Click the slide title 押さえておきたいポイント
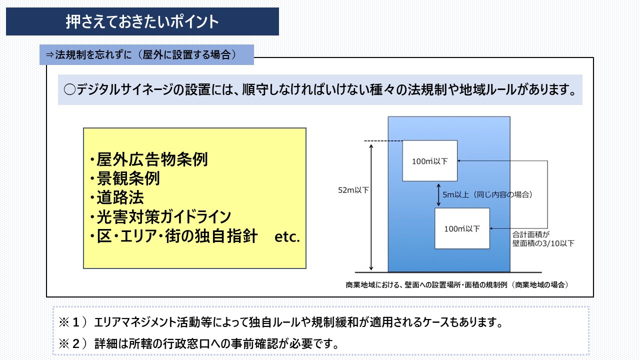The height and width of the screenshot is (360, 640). point(142,22)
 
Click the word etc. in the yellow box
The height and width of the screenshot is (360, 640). point(287,237)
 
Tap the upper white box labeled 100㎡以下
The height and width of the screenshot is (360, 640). point(430,161)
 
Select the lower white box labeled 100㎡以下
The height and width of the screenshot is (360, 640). point(462,228)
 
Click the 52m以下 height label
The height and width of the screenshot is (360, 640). point(352,190)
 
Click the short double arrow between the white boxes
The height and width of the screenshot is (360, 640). point(438,194)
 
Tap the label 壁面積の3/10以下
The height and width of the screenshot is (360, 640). point(543,243)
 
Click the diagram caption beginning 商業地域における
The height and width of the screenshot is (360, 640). point(456,284)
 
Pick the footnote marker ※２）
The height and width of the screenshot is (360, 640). point(73,344)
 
